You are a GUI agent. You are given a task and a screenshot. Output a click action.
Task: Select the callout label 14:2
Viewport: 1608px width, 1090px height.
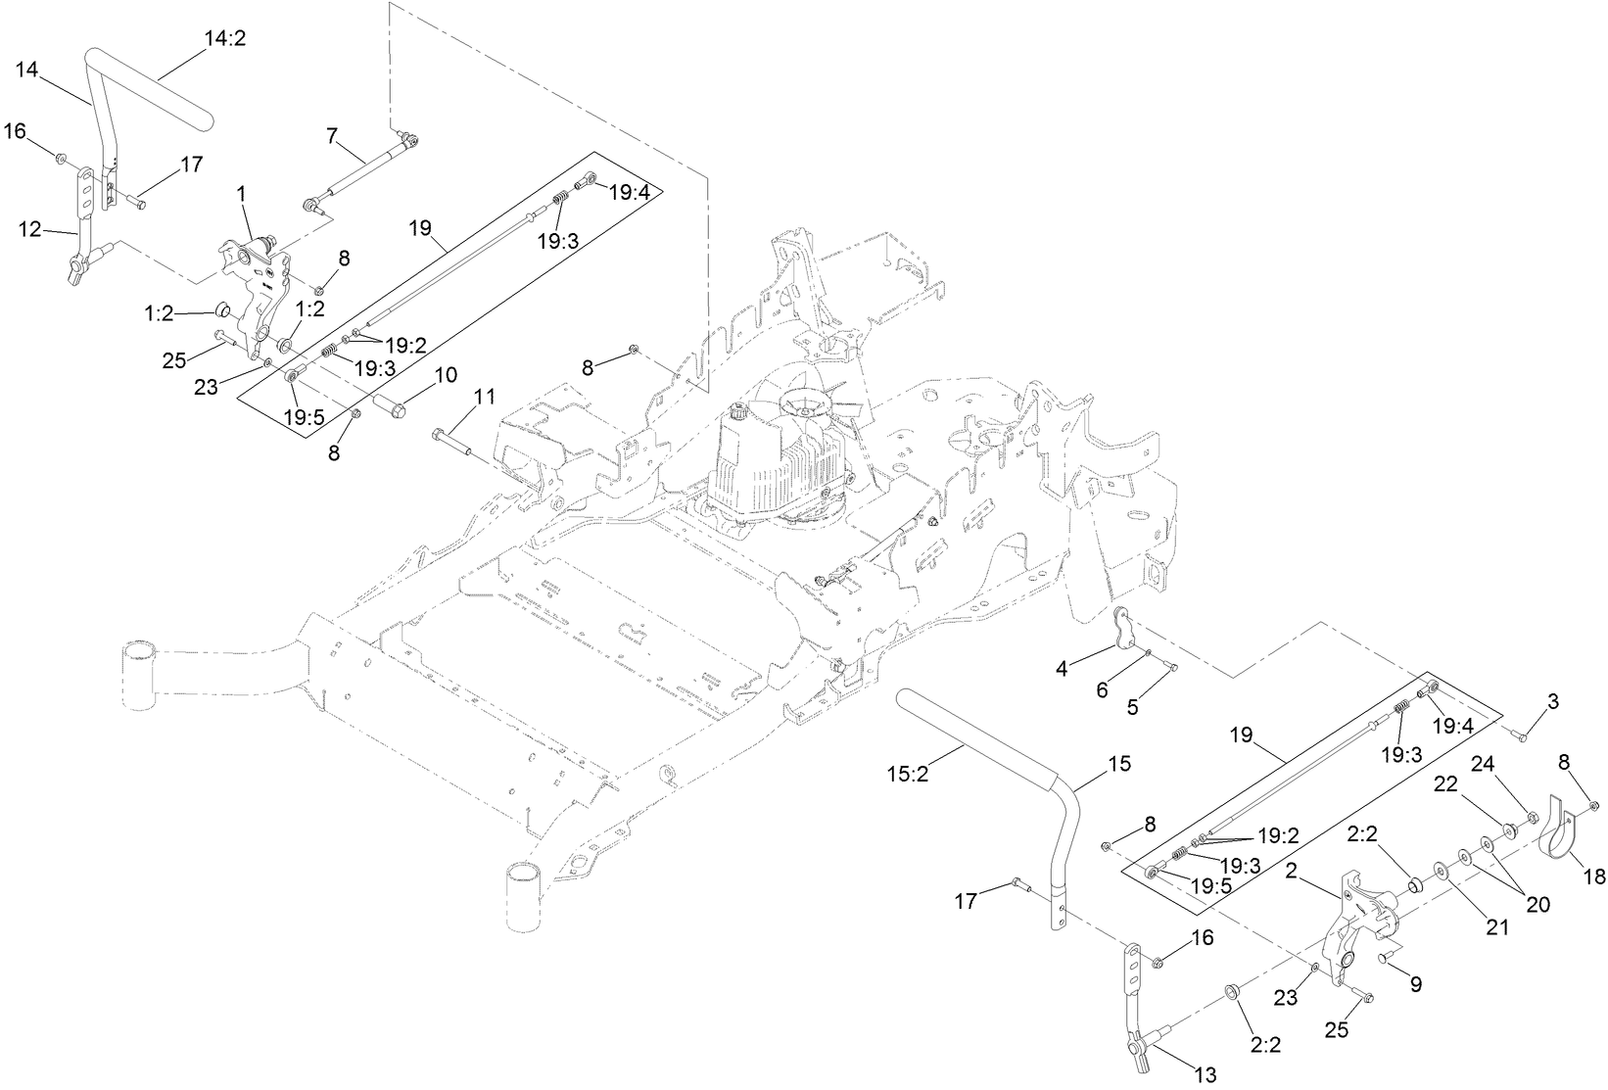point(224,40)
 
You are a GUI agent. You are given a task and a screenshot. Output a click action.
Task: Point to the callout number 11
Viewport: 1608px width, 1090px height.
point(485,397)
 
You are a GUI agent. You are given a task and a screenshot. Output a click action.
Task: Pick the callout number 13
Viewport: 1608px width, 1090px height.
point(1206,1075)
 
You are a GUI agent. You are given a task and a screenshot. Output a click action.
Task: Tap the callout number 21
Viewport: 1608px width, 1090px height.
point(1497,927)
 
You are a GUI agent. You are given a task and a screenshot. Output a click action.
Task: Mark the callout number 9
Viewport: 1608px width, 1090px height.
point(1416,982)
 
